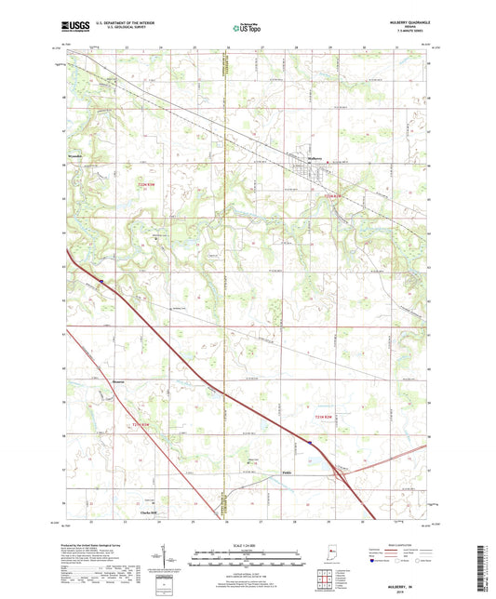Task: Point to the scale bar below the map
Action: (x=247, y=561)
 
